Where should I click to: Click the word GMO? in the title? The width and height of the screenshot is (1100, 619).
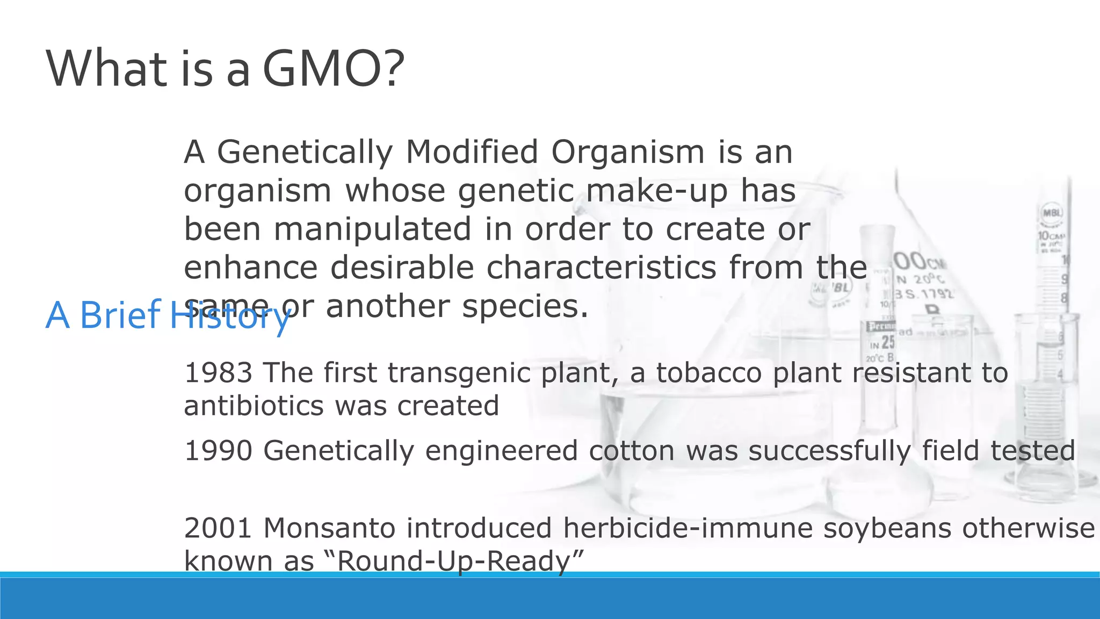pyautogui.click(x=333, y=69)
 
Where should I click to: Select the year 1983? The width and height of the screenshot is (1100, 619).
pyautogui.click(x=218, y=373)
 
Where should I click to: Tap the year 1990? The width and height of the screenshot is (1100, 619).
pyautogui.click(x=218, y=450)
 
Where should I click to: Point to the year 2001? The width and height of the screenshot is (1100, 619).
pyautogui.click(x=218, y=528)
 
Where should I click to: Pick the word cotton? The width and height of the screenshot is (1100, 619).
pyautogui.click(x=632, y=450)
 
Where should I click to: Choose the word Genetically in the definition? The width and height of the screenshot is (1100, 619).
pyautogui.click(x=305, y=152)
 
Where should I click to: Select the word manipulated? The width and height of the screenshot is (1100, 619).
pyautogui.click(x=373, y=229)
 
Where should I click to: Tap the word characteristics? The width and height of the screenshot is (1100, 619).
pyautogui.click(x=602, y=268)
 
